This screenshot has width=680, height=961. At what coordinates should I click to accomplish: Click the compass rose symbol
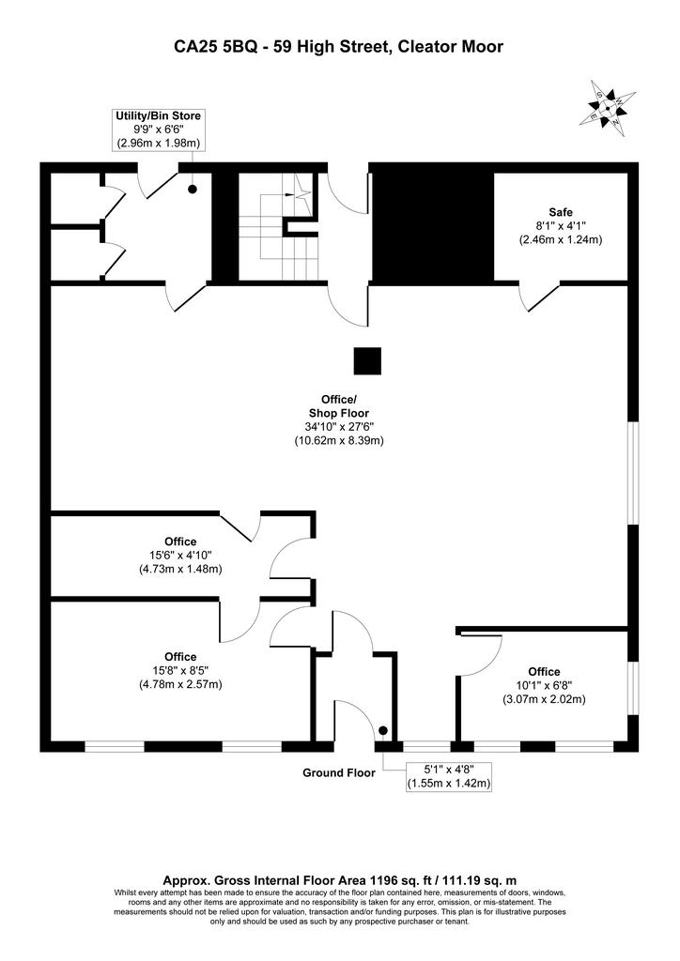tap(607, 109)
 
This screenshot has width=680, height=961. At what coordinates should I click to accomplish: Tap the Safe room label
tap(561, 212)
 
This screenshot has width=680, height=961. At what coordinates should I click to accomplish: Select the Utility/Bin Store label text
tap(158, 115)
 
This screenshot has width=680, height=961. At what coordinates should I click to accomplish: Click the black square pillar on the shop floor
tap(367, 361)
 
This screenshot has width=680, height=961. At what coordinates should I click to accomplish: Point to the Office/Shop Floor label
tap(339, 405)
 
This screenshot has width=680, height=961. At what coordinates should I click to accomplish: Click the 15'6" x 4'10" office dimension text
tap(180, 556)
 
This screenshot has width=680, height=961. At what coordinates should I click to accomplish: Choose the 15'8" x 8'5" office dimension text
tap(180, 670)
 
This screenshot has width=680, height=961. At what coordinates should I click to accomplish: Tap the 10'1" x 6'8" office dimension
tap(545, 685)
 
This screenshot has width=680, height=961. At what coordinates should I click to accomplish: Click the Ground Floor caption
tap(338, 773)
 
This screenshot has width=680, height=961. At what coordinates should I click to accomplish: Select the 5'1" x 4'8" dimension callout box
tap(450, 776)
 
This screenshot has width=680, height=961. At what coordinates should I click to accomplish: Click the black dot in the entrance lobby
tap(383, 730)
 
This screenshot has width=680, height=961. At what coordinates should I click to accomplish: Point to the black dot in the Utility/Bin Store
tap(193, 190)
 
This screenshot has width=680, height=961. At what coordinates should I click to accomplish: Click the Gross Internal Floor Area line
tap(339, 880)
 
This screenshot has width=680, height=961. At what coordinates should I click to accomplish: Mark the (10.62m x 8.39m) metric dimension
tap(339, 440)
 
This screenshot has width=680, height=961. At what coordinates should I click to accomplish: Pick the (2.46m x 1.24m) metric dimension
tap(561, 239)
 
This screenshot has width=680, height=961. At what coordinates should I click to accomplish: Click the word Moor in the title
tap(481, 46)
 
